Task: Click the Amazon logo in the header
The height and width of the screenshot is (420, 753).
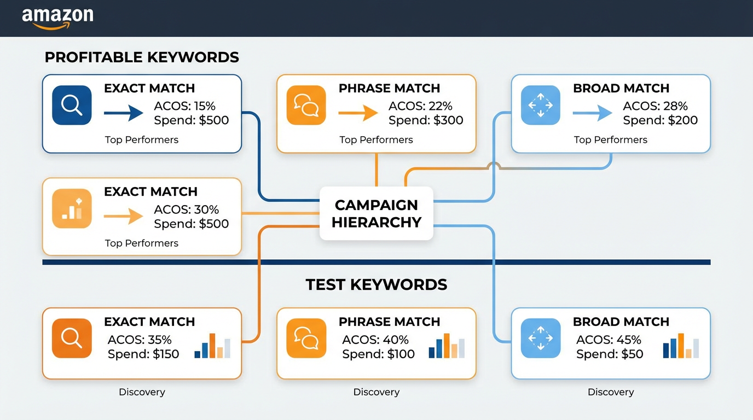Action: [x=57, y=17]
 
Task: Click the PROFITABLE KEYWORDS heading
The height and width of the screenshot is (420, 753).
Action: [x=142, y=57]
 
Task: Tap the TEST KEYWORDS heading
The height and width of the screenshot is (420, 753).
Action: [x=376, y=284]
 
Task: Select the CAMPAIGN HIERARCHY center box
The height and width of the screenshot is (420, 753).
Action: [x=376, y=213]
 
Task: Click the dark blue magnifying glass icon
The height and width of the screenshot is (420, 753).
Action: [x=72, y=105]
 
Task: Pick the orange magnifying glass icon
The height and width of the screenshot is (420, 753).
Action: [x=72, y=338]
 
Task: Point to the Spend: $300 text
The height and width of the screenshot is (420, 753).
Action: [x=426, y=120]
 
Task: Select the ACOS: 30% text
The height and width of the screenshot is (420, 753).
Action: [x=186, y=209]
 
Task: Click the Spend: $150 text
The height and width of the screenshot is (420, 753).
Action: [x=143, y=354]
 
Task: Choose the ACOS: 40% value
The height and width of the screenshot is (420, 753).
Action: [x=375, y=340]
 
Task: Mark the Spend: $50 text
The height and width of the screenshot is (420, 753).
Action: [x=610, y=354]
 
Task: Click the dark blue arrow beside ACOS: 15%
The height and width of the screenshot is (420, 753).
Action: [x=124, y=113]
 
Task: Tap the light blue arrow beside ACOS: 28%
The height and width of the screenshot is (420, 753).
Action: [x=593, y=113]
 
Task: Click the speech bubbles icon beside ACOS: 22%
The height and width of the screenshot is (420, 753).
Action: [x=306, y=105]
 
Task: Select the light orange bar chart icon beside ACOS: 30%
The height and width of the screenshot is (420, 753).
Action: [x=72, y=208]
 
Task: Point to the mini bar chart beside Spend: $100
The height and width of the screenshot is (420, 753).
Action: [x=447, y=346]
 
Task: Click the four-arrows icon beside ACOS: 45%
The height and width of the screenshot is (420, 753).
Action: [x=541, y=338]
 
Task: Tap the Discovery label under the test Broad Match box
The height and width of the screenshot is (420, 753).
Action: [x=611, y=392]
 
